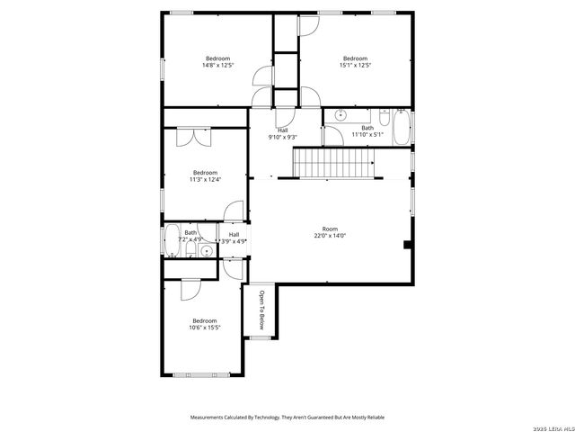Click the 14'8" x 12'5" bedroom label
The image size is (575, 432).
(x=217, y=62)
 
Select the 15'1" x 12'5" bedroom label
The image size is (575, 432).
(x=355, y=62)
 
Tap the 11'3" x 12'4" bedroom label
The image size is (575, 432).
(x=205, y=175)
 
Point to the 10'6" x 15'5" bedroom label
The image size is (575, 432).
(x=204, y=324)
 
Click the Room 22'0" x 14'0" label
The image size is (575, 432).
(x=330, y=232)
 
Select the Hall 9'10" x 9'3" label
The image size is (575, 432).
(x=282, y=134)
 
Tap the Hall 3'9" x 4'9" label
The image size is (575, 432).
(x=234, y=238)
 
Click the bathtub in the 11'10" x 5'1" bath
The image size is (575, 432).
(x=400, y=127)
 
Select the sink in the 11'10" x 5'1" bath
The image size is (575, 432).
(x=341, y=115)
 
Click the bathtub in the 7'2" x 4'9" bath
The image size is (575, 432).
(x=172, y=241)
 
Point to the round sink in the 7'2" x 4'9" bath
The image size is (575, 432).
(x=206, y=251)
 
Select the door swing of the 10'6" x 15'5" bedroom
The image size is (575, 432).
(x=190, y=289)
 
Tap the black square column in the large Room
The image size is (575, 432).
(x=408, y=244)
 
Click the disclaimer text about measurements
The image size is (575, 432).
(x=287, y=418)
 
